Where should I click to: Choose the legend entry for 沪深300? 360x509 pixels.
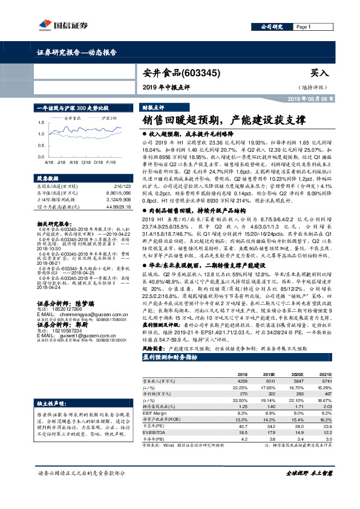[109, 118]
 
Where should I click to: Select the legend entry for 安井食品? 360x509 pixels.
[72, 118]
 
